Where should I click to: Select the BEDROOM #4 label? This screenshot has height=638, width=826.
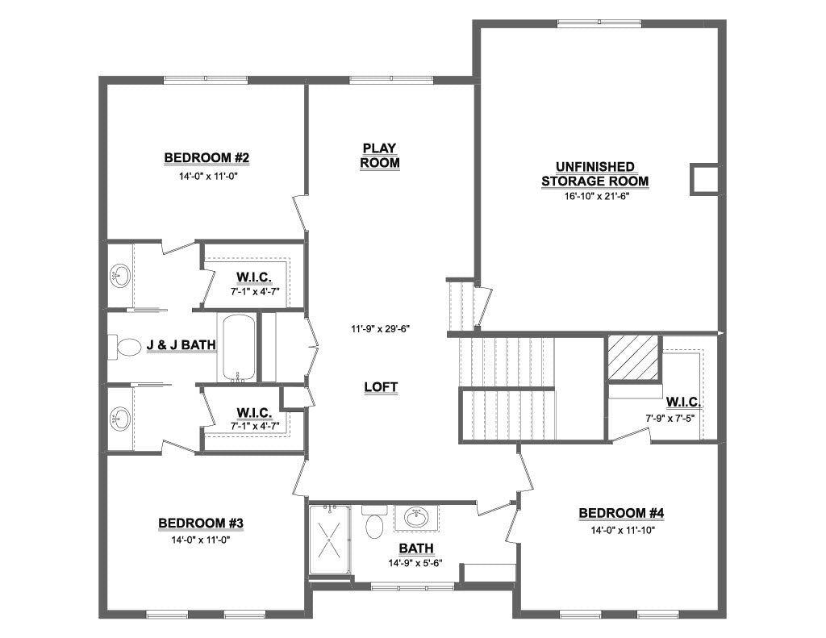click(x=621, y=513)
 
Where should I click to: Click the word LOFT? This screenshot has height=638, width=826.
click(x=381, y=387)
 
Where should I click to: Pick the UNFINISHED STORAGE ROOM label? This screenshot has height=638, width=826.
click(x=594, y=174)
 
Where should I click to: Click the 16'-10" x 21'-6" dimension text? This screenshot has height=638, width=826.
click(x=596, y=196)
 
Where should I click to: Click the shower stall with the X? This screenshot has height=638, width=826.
click(x=330, y=540)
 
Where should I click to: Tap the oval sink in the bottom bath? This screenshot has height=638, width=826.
click(x=416, y=518)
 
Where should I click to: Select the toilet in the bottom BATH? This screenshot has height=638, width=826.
click(x=374, y=524)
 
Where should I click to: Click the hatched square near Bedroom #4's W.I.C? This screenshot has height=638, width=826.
click(x=633, y=357)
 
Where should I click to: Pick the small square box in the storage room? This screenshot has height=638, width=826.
click(x=704, y=179)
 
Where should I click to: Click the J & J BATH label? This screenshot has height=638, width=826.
click(x=181, y=345)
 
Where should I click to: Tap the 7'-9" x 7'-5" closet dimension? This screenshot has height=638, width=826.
click(x=674, y=419)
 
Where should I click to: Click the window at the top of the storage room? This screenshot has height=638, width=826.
click(x=599, y=23)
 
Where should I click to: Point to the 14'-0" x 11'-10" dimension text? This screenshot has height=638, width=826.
click(x=622, y=529)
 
